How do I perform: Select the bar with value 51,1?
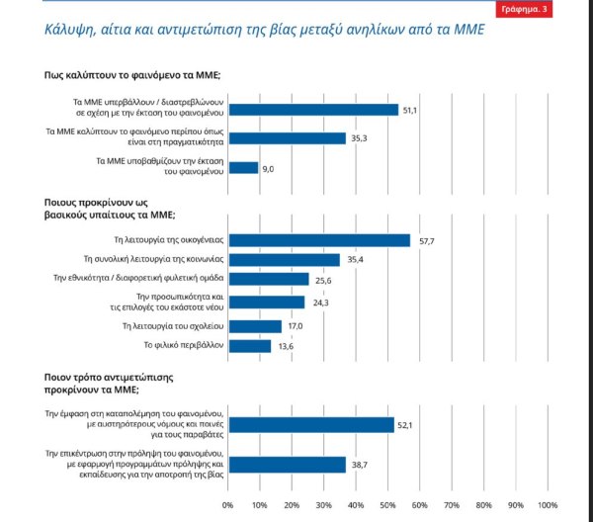[312, 110]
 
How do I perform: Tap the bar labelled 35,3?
[287, 138]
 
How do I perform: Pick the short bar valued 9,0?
[243, 168]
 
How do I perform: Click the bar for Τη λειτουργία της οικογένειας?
[318, 239]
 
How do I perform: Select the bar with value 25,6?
[268, 280]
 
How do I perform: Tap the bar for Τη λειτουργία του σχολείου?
[254, 326]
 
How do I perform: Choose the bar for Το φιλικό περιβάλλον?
[249, 346]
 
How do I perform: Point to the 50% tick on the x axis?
[387, 505]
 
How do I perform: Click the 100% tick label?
[547, 505]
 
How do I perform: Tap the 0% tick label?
[228, 505]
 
